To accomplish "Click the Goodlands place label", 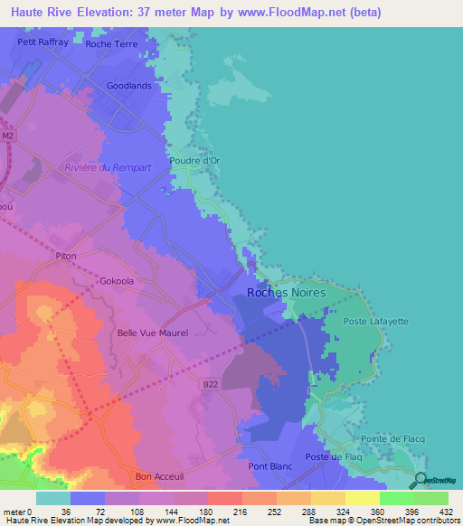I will coord(128,86).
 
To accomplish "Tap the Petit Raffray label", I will coord(43,42).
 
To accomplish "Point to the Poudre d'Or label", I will coord(194,160).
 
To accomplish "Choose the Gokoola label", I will coord(117,281).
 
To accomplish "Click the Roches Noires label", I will coord(285,292).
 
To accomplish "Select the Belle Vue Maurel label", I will coord(153,333).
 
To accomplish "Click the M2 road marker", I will coord(8,136).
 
